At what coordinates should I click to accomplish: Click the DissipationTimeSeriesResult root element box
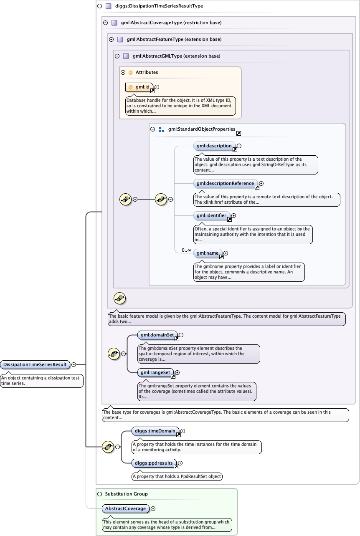click(x=35, y=364)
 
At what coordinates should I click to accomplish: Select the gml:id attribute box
click(x=138, y=87)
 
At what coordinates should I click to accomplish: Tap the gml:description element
click(x=214, y=146)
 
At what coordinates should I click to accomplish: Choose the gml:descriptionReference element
click(x=225, y=183)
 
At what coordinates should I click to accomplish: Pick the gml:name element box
click(x=208, y=253)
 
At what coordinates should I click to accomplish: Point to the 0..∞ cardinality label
click(x=186, y=250)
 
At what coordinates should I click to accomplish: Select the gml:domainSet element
click(x=157, y=335)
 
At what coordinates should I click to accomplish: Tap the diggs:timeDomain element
click(x=155, y=431)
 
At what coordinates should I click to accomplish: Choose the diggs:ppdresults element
click(x=154, y=463)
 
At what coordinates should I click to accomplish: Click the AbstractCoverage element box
click(x=126, y=508)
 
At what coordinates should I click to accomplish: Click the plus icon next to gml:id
click(x=157, y=87)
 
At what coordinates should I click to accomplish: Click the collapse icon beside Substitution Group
click(x=99, y=494)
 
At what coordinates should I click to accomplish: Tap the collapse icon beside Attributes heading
click(x=123, y=72)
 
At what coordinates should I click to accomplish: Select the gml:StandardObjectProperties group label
click(x=202, y=129)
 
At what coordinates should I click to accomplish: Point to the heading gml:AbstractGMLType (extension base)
click(x=176, y=56)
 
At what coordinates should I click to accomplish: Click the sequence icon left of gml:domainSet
click(x=114, y=354)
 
